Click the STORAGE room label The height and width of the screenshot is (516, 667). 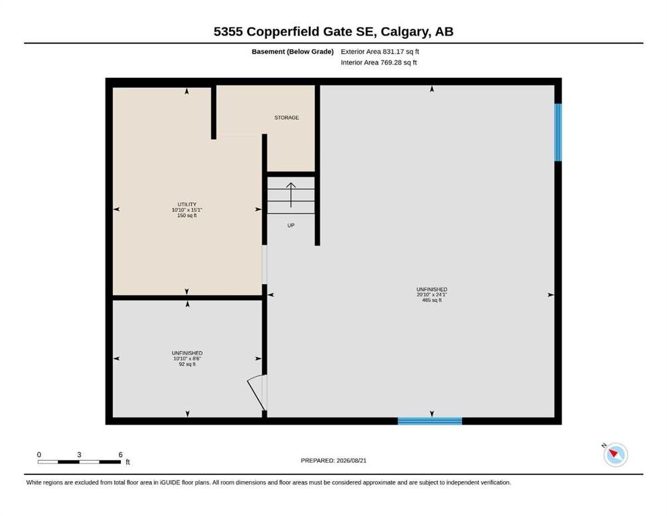(286, 118)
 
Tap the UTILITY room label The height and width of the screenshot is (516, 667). (187, 204)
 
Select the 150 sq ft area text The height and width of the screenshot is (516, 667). (187, 216)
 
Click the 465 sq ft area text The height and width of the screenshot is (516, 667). (432, 300)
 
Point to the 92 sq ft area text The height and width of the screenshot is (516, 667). (187, 364)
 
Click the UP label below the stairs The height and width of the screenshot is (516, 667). (291, 226)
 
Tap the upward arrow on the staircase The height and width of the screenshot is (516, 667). (291, 195)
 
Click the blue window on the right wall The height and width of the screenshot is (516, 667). (558, 132)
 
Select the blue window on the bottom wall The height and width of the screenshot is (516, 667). (430, 421)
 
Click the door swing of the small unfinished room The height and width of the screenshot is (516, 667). (255, 390)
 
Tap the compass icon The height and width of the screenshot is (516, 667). (615, 454)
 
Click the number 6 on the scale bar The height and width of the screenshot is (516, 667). (120, 455)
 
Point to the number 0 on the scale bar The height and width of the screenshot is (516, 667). (39, 455)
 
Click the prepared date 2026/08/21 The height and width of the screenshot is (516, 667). (351, 460)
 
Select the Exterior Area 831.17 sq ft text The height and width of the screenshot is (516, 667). (380, 52)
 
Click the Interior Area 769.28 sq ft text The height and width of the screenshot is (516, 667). (379, 62)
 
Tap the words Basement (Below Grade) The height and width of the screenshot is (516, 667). (292, 52)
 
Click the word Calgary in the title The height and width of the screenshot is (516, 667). (404, 32)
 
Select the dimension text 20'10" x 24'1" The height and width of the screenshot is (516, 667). (432, 295)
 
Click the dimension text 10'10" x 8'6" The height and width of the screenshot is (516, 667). (187, 359)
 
